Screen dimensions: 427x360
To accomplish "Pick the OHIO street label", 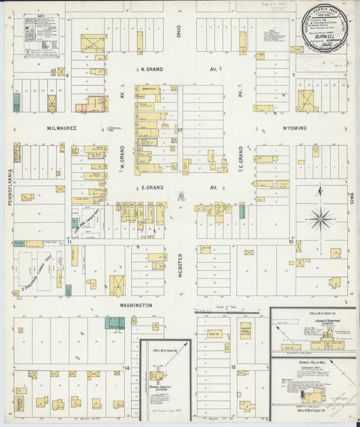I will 180,32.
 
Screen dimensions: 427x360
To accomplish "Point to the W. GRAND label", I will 124,156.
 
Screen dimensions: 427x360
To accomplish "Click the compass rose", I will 321,218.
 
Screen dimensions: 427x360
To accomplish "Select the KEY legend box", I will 41,34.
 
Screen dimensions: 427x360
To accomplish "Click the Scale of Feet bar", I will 230,313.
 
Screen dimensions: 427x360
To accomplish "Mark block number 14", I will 126,368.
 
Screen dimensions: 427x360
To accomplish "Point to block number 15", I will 234,368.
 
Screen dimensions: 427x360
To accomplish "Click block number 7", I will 293,74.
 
